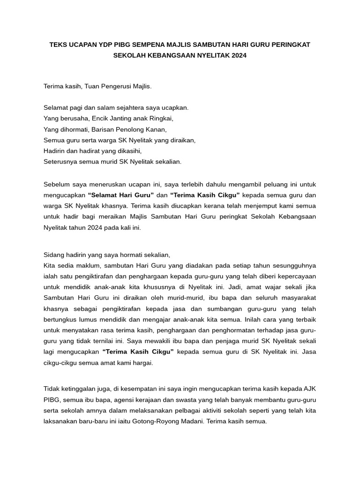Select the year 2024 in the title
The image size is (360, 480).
pyautogui.click(x=237, y=55)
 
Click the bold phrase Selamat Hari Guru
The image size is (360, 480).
pyautogui.click(x=121, y=194)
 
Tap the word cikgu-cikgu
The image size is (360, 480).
pyautogui.click(x=61, y=363)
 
